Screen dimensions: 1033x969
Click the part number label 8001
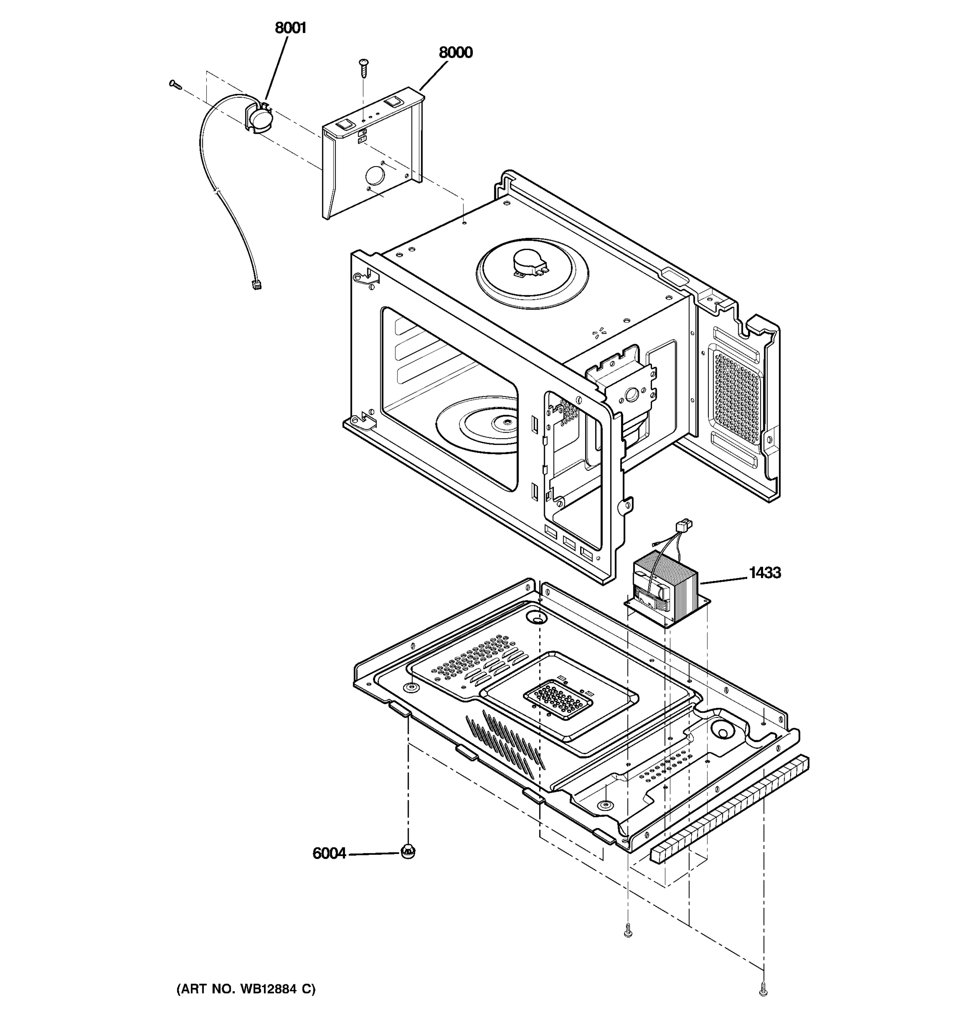tap(290, 28)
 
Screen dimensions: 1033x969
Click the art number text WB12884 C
tap(246, 989)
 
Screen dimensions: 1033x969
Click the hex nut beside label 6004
tap(407, 851)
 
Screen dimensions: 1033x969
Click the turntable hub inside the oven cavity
tap(503, 422)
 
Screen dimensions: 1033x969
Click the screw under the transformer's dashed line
tap(628, 933)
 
